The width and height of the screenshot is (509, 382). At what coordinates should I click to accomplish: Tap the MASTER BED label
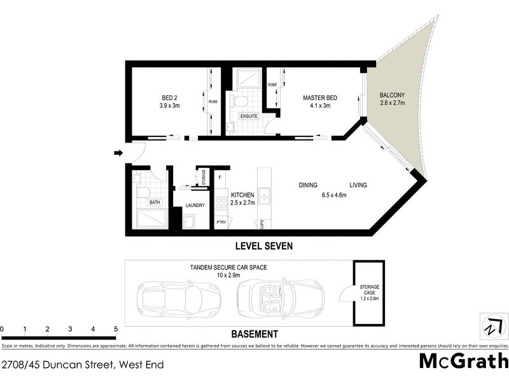(319, 97)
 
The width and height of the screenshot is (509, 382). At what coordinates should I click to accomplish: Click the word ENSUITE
(249, 116)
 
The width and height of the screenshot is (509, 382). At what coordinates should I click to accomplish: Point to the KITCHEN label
(242, 195)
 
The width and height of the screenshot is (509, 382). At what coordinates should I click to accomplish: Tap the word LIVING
(358, 185)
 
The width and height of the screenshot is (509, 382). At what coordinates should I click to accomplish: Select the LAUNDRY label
(195, 205)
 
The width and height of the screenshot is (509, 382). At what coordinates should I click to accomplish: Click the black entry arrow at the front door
(118, 153)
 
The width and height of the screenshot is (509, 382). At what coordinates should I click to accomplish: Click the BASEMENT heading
(254, 334)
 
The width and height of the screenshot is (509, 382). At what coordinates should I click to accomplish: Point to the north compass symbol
(490, 326)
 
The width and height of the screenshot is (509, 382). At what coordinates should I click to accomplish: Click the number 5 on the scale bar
(116, 329)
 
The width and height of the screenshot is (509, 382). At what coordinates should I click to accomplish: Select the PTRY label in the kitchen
(221, 222)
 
